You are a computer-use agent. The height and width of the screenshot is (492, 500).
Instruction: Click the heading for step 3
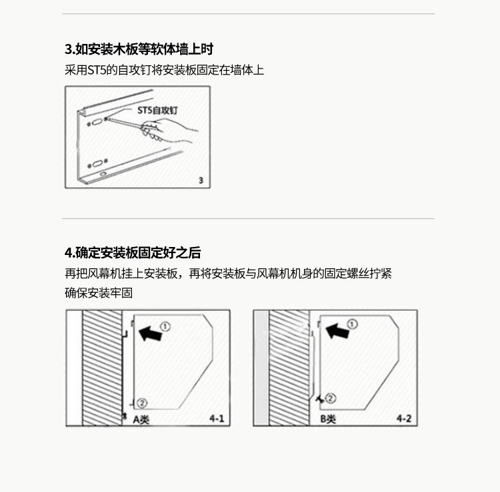139,49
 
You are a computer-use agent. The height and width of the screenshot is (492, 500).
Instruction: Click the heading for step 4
133,253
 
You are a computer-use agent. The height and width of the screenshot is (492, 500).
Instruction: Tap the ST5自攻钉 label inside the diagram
157,110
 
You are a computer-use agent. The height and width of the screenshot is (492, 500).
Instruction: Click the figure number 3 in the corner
201,180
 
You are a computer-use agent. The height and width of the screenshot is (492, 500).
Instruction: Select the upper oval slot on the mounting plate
96,123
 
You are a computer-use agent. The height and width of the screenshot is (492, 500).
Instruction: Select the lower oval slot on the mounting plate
97,164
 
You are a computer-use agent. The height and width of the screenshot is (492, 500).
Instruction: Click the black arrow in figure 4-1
150,334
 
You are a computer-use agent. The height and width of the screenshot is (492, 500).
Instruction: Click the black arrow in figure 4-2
337,332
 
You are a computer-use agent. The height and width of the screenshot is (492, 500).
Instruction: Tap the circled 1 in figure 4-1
165,327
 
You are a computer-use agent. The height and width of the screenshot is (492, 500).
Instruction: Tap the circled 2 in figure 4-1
142,403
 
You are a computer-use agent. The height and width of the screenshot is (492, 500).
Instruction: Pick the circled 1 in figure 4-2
352,324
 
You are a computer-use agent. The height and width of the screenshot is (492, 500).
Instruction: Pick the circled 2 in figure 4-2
331,398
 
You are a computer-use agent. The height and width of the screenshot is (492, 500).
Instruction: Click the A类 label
141,419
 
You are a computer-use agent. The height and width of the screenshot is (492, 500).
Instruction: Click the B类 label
328,419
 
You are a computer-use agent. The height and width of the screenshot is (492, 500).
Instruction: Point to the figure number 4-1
217,419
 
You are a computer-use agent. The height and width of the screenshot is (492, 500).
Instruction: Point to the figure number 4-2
404,419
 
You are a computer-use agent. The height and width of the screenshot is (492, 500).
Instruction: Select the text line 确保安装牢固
99,293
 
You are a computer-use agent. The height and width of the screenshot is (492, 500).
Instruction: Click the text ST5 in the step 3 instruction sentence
97,70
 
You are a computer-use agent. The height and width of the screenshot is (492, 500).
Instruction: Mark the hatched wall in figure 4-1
102,368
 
